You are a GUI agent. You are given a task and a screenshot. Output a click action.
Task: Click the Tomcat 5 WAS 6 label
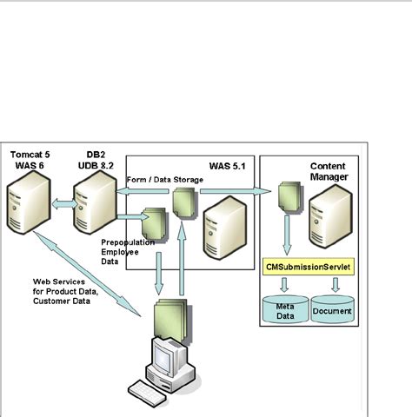(x=28, y=160)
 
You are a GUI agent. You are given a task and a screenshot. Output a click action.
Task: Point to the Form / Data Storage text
(x=165, y=180)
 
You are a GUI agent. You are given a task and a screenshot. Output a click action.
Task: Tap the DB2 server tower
(x=94, y=205)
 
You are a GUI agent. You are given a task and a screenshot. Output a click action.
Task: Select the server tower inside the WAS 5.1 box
(x=223, y=224)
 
